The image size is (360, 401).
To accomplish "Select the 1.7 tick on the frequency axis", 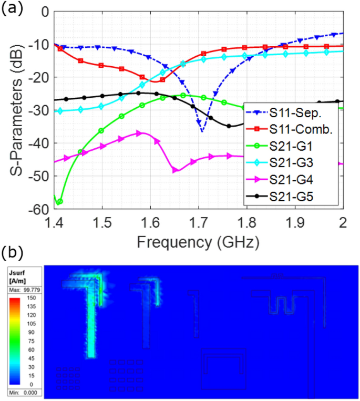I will [x=199, y=219].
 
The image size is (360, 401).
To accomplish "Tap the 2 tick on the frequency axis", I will [x=343, y=219].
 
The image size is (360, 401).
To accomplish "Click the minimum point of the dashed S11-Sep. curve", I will [x=202, y=131].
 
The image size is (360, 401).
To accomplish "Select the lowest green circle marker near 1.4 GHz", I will [x=59, y=201].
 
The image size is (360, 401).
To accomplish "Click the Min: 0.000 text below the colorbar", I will [x=22, y=392].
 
